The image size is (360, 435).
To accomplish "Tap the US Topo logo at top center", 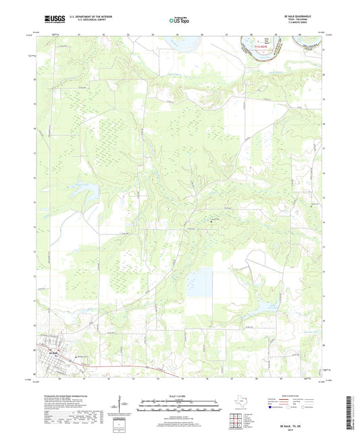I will (x=179, y=21).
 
